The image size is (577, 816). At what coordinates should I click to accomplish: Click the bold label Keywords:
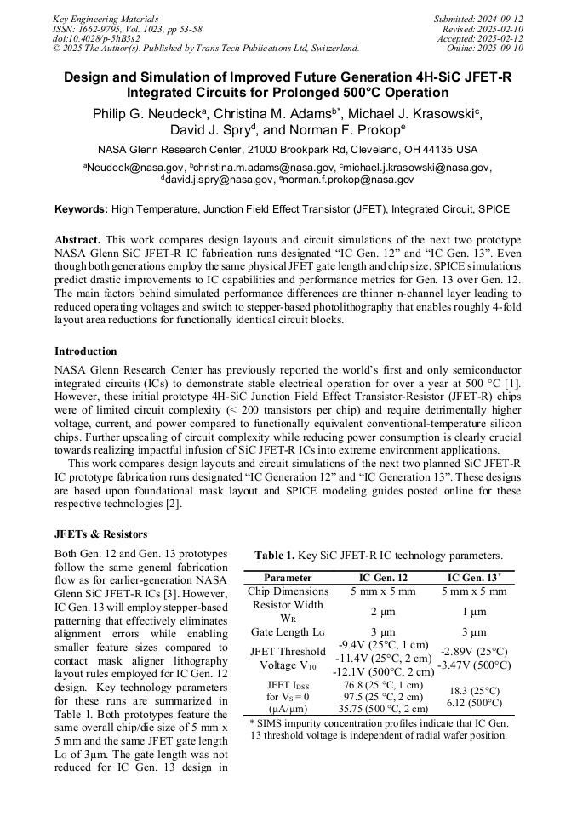[x=82, y=208]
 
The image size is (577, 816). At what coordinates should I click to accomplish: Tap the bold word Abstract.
[x=77, y=240]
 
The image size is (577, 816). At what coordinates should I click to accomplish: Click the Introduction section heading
[x=86, y=351]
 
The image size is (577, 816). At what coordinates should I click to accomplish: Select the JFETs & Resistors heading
[x=101, y=534]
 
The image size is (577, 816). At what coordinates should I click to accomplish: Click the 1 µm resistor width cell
[x=474, y=611]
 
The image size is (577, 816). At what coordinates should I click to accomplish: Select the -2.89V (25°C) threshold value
[x=474, y=651]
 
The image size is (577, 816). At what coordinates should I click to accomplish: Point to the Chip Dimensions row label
[x=288, y=591]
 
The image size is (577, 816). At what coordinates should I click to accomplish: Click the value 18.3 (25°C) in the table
[x=474, y=691]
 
